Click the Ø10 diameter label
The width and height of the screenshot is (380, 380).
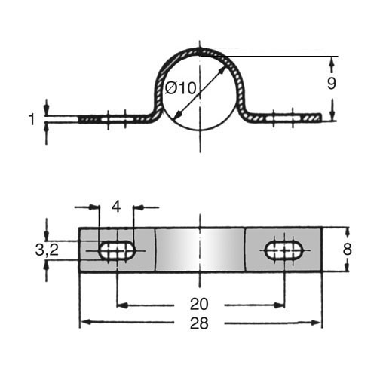coord(180,88)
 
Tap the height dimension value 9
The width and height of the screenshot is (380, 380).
coord(332,83)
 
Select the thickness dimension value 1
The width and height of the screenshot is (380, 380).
coord(32,119)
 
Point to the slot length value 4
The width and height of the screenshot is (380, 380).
coord(116,207)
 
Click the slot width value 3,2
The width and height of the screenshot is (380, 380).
coord(47,250)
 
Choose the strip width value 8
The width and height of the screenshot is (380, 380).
coord(347,250)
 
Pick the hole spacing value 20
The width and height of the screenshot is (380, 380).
coord(199,304)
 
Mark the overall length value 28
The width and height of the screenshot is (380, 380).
coord(199,323)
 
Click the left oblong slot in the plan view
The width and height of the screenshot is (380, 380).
coord(117,250)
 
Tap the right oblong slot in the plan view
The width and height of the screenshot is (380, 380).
coord(284,250)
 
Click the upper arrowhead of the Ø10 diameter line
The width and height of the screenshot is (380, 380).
coord(222,71)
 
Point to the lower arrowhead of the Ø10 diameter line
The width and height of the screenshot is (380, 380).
coord(178,115)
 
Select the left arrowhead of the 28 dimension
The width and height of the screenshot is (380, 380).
coord(84,322)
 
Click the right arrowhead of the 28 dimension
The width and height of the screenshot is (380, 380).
coord(317,323)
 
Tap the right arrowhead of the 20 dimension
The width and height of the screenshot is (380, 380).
coord(279,305)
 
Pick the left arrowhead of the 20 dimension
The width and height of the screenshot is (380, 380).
coord(123,305)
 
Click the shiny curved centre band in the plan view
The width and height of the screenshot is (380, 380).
coord(200,250)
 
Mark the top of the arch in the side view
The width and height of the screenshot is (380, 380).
coord(200,50)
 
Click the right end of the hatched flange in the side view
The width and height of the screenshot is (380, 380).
coord(320,118)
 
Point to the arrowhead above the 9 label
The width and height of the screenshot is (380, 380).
coord(332,63)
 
